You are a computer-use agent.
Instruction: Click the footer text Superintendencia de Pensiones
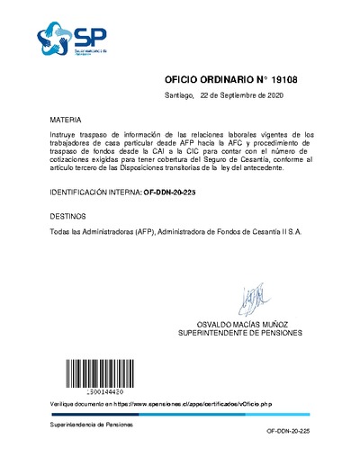click(x=91, y=423)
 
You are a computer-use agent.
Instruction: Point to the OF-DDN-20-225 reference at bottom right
click(x=288, y=433)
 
